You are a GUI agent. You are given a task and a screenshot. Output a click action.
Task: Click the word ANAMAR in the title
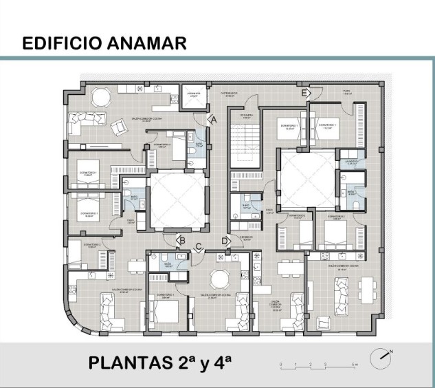[x=146, y=43]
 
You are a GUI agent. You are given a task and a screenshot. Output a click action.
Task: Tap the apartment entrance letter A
[x=212, y=119]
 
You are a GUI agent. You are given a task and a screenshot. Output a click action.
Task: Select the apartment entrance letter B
[x=181, y=240]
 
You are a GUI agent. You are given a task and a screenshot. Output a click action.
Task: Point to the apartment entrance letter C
[x=199, y=246]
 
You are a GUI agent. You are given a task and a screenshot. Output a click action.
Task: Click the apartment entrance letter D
[x=225, y=240]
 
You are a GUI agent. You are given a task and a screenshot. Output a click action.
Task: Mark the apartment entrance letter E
[x=304, y=92]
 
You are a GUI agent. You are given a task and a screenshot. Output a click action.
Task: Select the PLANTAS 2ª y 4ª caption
[x=159, y=363]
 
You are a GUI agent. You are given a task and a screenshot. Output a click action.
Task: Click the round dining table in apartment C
[x=219, y=278]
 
